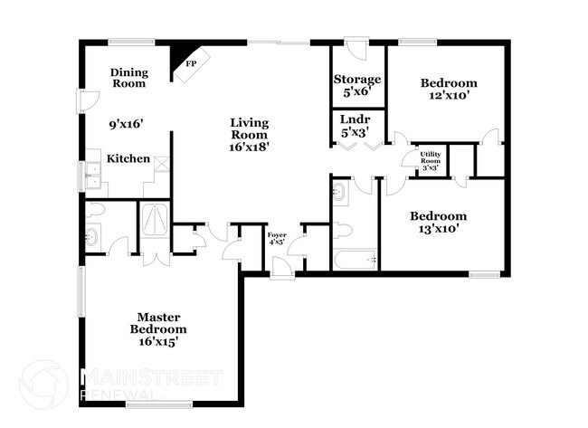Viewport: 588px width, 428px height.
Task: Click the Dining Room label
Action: pyautogui.click(x=128, y=78)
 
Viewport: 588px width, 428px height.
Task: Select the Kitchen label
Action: pyautogui.click(x=128, y=158)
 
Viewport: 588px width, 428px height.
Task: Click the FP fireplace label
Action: pyautogui.click(x=191, y=64)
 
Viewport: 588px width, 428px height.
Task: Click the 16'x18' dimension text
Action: pyautogui.click(x=249, y=145)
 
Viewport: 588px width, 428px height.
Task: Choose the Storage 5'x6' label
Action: pyautogui.click(x=356, y=85)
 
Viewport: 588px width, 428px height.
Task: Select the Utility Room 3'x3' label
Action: pyautogui.click(x=430, y=161)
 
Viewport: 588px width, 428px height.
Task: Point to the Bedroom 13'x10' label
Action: pyautogui.click(x=438, y=222)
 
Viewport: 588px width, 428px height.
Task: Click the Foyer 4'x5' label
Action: pyautogui.click(x=277, y=239)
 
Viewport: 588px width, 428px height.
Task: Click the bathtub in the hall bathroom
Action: pyautogui.click(x=355, y=261)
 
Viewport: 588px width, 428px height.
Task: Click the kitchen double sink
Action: pyautogui.click(x=93, y=172)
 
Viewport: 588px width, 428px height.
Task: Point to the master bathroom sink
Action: pyautogui.click(x=93, y=239)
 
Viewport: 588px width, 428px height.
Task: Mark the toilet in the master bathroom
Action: pyautogui.click(x=97, y=210)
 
